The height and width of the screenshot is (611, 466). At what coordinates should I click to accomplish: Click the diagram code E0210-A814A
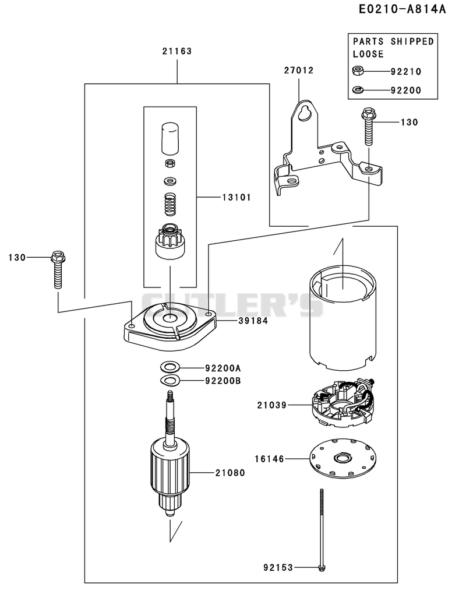pyautogui.click(x=402, y=9)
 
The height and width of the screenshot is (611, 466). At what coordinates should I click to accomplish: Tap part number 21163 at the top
pyautogui.click(x=177, y=51)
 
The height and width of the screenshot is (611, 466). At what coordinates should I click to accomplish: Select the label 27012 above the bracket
pyautogui.click(x=299, y=71)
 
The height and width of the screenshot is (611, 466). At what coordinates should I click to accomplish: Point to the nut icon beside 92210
pyautogui.click(x=358, y=71)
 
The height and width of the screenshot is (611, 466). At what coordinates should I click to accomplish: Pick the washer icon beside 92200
pyautogui.click(x=358, y=90)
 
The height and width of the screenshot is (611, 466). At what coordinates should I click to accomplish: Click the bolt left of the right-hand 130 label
pyautogui.click(x=368, y=127)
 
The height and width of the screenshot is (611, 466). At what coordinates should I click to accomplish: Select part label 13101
pyautogui.click(x=236, y=197)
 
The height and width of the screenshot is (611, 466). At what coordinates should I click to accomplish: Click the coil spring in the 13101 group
pyautogui.click(x=170, y=204)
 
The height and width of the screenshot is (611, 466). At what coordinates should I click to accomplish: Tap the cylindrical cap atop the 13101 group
pyautogui.click(x=170, y=137)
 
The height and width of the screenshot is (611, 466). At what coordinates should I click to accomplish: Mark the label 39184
pyautogui.click(x=253, y=321)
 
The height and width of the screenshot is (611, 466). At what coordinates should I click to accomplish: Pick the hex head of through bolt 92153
pyautogui.click(x=322, y=568)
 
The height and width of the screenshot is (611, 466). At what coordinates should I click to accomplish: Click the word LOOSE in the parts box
pyautogui.click(x=368, y=54)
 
